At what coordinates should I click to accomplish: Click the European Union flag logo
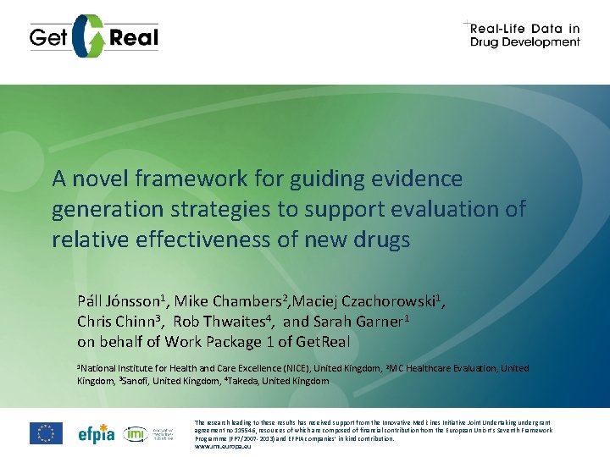pos(46,432)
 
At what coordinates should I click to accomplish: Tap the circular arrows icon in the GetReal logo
pos(91,36)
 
